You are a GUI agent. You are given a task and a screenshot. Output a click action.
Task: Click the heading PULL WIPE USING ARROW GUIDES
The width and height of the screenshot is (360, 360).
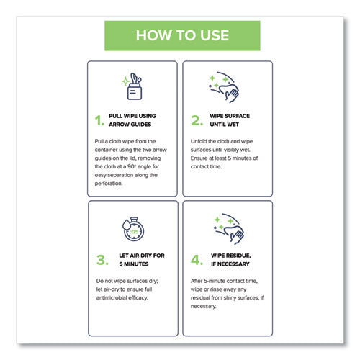pos(138,120)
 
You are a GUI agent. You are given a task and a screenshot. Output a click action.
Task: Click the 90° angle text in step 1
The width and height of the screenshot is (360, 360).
pos(135,165)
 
